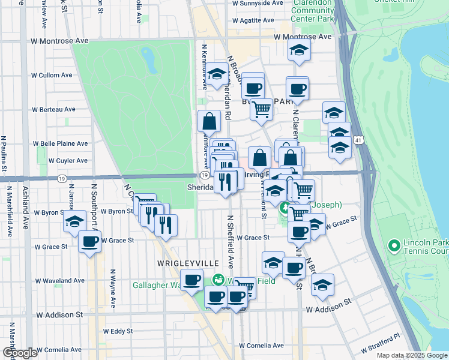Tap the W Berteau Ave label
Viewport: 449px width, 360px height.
[x=54, y=110]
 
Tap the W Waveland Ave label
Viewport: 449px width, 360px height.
[x=60, y=281]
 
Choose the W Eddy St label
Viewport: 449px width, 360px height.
[x=118, y=331]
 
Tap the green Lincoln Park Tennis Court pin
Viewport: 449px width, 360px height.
[x=394, y=245]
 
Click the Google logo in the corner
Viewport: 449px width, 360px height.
[x=20, y=353]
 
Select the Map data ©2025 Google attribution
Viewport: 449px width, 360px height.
[x=412, y=355]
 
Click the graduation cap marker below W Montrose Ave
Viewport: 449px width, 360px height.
[x=298, y=51]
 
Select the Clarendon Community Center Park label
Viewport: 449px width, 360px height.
[x=312, y=11]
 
